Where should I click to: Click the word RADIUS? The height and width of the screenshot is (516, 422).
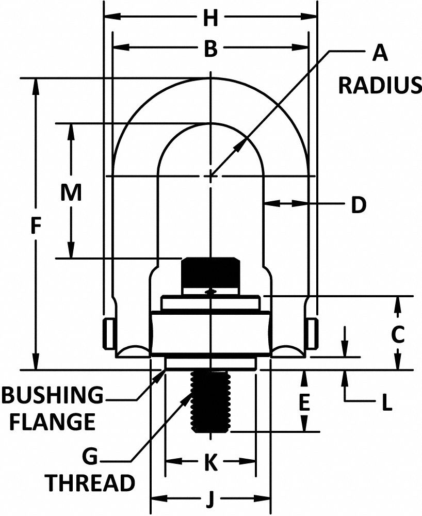pos(380,85)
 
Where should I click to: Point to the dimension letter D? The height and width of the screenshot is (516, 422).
pos(359,205)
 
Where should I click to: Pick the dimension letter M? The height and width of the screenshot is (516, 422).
pos(71,193)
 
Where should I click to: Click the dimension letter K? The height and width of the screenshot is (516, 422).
pos(210,463)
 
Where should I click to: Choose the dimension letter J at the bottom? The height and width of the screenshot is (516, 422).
pos(210,499)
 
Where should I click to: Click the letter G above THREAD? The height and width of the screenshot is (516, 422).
pos(91,456)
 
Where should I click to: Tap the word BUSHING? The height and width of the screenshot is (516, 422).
pos(52,396)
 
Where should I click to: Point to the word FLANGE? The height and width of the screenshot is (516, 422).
pos(53,422)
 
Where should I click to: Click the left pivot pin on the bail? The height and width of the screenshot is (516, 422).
pos(107,333)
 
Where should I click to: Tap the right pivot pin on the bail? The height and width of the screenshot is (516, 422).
pos(312,333)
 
